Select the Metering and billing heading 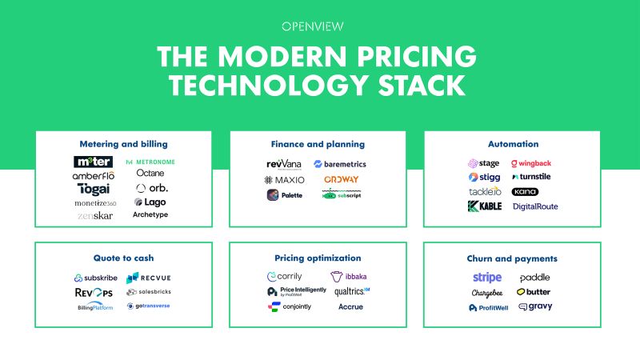[x=123, y=144]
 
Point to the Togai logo [x=93, y=189]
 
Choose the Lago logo [x=150, y=202]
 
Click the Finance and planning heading [x=318, y=144]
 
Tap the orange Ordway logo [x=341, y=179]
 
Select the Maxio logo [x=285, y=179]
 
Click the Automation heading [x=513, y=144]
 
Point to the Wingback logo [x=537, y=162]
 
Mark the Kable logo [x=484, y=206]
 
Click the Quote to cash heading [x=123, y=258]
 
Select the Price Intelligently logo [x=292, y=292]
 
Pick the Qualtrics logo [x=351, y=291]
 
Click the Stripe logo [x=486, y=278]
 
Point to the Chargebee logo [x=486, y=293]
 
